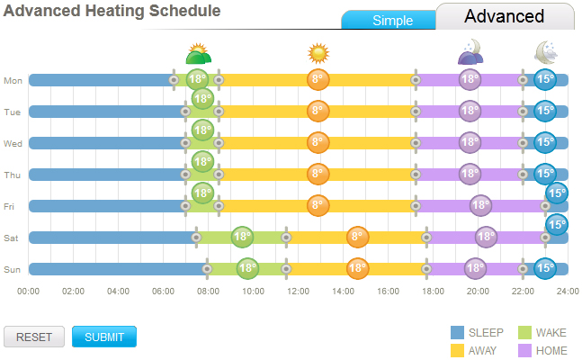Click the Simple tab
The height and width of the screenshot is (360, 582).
click(392, 20)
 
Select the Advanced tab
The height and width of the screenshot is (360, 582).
click(504, 16)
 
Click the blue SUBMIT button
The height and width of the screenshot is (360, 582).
click(103, 337)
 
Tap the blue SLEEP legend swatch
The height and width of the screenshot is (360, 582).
click(457, 333)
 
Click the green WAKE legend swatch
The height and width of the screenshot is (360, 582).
click(524, 333)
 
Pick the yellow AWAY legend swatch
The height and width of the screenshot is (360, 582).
click(457, 350)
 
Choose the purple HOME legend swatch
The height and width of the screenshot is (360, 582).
click(524, 350)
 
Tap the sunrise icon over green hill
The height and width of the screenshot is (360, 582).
click(198, 54)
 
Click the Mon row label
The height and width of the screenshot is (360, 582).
click(13, 80)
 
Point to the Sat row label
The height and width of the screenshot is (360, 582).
click(12, 238)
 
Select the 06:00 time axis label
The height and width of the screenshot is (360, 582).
click(164, 291)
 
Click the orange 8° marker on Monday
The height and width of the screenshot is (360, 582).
click(317, 79)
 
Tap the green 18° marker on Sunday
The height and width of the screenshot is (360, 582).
click(247, 268)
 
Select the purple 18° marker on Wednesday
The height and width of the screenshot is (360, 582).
click(470, 142)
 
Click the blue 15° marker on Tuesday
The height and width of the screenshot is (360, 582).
click(544, 111)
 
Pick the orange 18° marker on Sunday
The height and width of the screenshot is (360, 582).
click(357, 268)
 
